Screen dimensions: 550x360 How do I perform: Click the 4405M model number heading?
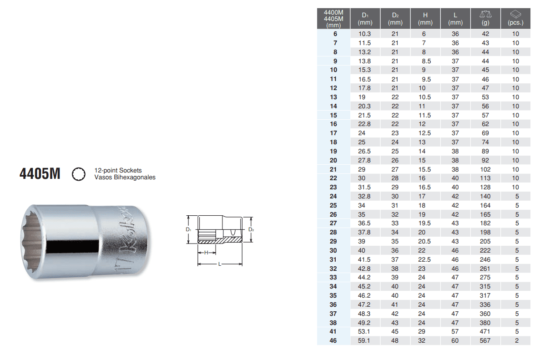tap(40, 174)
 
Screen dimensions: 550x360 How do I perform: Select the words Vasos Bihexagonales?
tap(125, 177)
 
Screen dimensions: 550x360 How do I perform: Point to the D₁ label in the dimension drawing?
tap(188, 229)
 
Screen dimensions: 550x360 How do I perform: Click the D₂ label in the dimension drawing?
tap(251, 229)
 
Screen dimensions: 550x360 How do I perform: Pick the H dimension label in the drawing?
tap(206, 253)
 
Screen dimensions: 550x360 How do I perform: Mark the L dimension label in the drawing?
tap(220, 264)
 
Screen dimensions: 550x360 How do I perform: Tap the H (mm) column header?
tap(425, 19)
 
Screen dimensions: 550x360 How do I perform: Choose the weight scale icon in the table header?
tap(485, 15)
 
